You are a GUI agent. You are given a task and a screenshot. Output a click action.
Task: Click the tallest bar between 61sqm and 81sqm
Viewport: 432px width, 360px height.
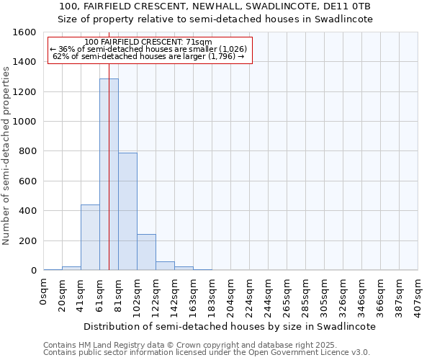coord(109,174)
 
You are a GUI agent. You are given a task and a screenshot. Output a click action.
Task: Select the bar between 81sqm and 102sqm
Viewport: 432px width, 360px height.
coord(127,211)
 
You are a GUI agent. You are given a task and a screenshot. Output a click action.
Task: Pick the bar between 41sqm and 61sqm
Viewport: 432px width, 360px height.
coord(90,238)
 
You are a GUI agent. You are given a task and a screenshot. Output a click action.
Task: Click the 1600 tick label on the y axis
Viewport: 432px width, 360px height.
coord(24,32)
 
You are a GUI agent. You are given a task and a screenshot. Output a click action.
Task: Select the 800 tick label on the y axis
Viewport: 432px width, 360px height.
coord(27,151)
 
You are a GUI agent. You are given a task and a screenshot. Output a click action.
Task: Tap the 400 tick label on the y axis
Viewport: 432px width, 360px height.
coord(27,211)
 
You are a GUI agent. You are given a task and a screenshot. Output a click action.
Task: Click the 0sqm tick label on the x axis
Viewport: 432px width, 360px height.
coord(44,293)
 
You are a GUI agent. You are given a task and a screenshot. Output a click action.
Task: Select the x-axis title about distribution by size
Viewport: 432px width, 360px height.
coord(230,326)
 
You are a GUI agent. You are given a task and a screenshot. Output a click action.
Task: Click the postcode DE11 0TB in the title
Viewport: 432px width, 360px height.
coord(350,6)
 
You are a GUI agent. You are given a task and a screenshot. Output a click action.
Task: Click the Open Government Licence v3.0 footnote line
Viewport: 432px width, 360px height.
coord(207,353)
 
